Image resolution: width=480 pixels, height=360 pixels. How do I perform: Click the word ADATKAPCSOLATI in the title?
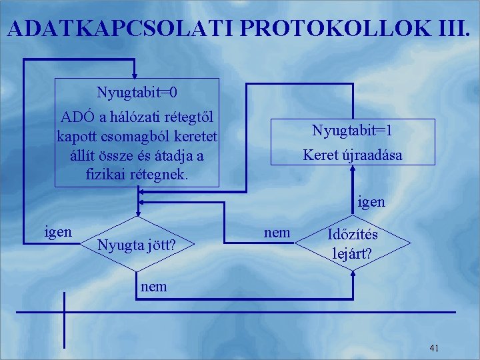(x=121, y=28)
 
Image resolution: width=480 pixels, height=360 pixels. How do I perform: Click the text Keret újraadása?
(x=352, y=155)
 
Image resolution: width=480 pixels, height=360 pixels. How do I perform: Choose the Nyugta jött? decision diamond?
(x=137, y=245)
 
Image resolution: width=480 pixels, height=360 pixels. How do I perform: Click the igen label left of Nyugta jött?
(x=57, y=232)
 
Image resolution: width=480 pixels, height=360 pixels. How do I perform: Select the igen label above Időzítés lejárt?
(x=371, y=201)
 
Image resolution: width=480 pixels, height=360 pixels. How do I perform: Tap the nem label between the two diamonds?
(x=277, y=232)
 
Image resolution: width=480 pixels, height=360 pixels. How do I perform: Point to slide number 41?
(x=435, y=348)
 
